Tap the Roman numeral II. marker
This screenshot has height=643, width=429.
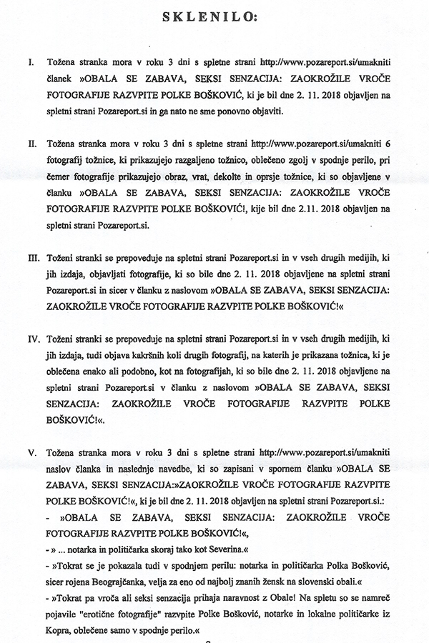32,164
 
